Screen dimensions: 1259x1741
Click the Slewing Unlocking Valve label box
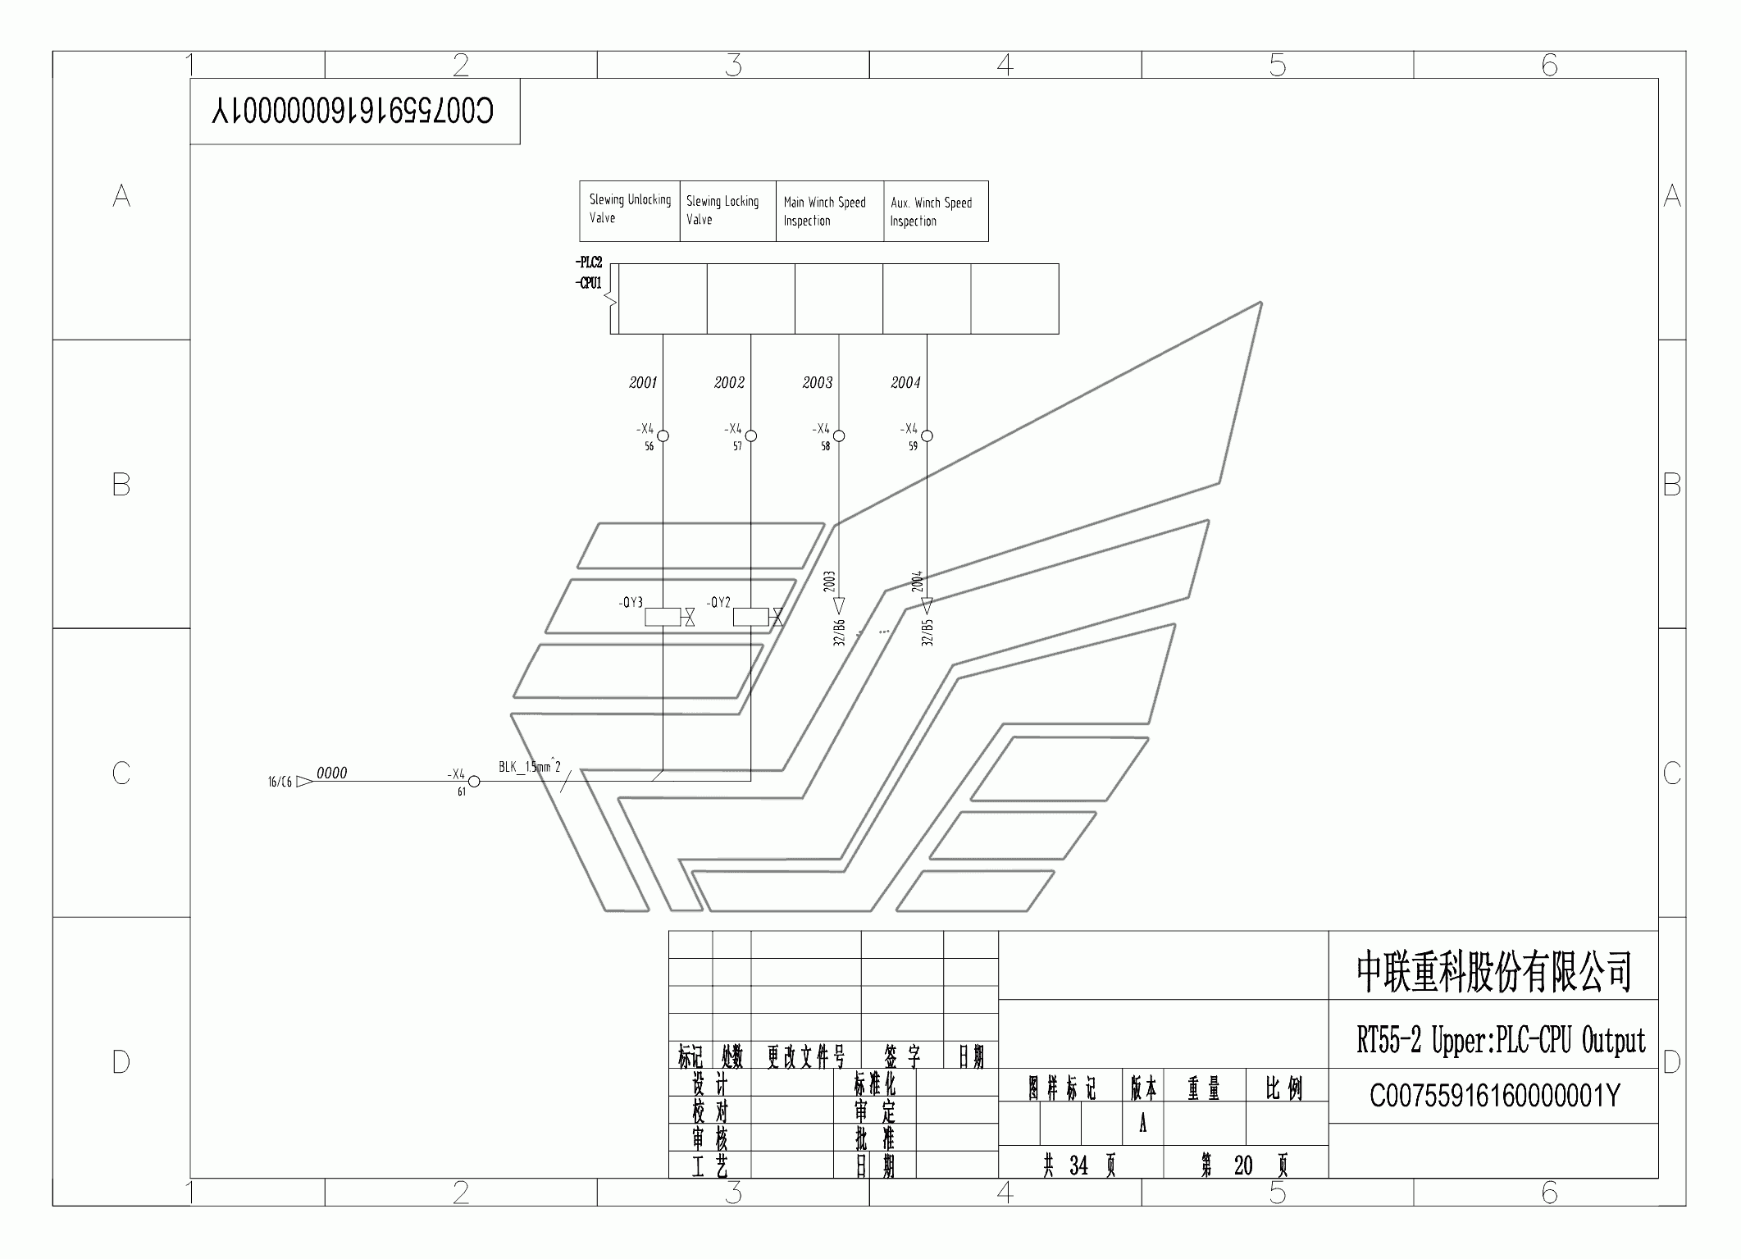click(x=629, y=210)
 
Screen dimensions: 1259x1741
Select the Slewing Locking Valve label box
click(x=727, y=211)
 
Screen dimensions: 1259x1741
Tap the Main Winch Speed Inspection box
click(x=829, y=211)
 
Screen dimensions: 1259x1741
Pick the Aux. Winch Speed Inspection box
click(x=935, y=212)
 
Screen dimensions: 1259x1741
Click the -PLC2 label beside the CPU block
click(x=589, y=262)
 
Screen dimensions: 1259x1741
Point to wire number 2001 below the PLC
click(x=643, y=382)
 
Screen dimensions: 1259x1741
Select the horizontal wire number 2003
click(x=818, y=382)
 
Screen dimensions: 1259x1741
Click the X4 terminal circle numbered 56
click(x=663, y=436)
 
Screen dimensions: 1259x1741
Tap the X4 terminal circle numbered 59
click(x=927, y=436)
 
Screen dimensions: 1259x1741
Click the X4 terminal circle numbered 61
click(x=473, y=781)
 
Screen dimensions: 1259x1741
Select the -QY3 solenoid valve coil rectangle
click(x=663, y=617)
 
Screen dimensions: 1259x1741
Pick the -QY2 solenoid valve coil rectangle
click(x=750, y=617)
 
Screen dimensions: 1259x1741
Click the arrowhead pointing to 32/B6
click(x=838, y=606)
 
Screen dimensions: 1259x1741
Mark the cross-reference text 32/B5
click(x=927, y=632)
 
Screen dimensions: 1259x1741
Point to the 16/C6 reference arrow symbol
click(x=303, y=782)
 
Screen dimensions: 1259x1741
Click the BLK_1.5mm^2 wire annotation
click(x=529, y=767)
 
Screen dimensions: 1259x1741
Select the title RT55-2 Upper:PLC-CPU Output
click(x=1500, y=1041)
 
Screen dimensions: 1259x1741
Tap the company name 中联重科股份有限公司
click(x=1493, y=972)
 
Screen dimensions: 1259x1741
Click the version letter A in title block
click(x=1142, y=1124)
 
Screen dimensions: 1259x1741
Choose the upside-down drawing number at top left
click(x=353, y=111)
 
